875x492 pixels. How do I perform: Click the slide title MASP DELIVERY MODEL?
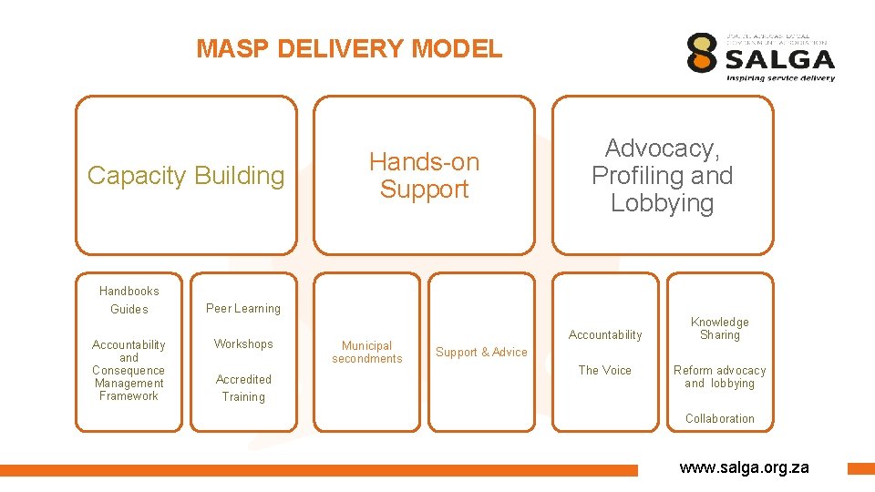pyautogui.click(x=349, y=48)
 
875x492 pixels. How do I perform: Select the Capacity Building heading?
pyautogui.click(x=186, y=175)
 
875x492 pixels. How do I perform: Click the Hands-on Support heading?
pyautogui.click(x=424, y=175)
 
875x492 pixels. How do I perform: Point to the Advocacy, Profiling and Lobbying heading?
pyautogui.click(x=662, y=175)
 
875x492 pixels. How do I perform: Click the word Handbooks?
pyautogui.click(x=129, y=292)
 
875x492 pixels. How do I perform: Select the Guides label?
pyautogui.click(x=129, y=310)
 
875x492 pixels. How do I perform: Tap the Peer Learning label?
pyautogui.click(x=243, y=309)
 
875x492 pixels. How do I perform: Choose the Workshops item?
pyautogui.click(x=243, y=344)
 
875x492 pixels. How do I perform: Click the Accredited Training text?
pyautogui.click(x=243, y=388)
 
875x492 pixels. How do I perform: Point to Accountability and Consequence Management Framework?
pyautogui.click(x=129, y=370)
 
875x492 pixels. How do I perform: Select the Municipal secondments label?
pyautogui.click(x=366, y=352)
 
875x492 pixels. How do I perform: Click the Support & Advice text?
pyautogui.click(x=481, y=353)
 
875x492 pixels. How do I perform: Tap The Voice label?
pyautogui.click(x=605, y=371)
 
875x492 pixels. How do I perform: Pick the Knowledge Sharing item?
pyautogui.click(x=719, y=329)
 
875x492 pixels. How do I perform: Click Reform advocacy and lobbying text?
pyautogui.click(x=719, y=377)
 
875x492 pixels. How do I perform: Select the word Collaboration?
pyautogui.click(x=719, y=419)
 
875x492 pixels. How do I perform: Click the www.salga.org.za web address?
pyautogui.click(x=744, y=467)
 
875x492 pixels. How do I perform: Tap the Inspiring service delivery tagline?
pyautogui.click(x=780, y=78)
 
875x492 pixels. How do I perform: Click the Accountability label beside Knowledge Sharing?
pyautogui.click(x=605, y=335)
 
